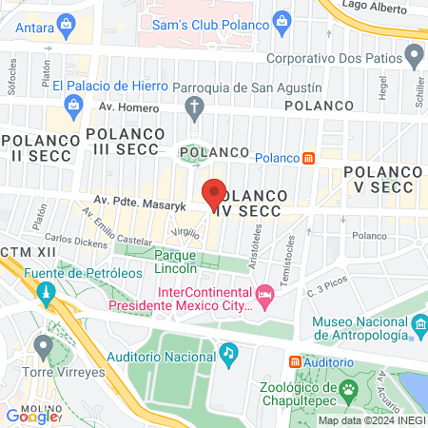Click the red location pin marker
tap(214, 193)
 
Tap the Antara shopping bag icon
tap(66, 23)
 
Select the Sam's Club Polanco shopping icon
tap(281, 21)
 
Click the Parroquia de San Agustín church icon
tap(194, 107)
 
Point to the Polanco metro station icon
tap(308, 158)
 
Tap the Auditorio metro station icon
tap(295, 361)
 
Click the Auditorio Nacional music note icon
tap(228, 354)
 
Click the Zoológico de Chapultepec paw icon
tap(350, 389)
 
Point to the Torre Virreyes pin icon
tap(42, 344)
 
